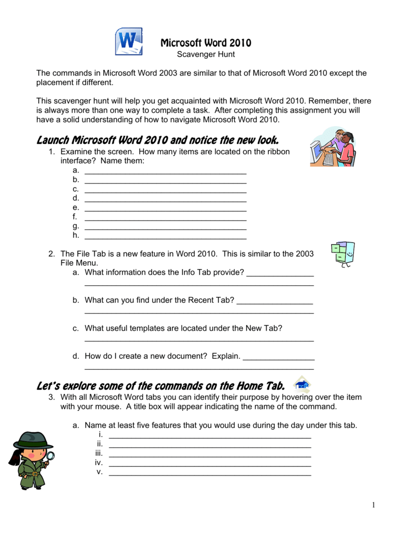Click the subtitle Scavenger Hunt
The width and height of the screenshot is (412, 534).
coord(206,54)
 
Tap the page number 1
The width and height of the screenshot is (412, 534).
coord(373,505)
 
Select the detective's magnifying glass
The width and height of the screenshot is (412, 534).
coord(51,457)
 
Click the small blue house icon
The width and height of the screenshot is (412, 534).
coord(302,385)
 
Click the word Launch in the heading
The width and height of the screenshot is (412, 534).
coord(53,140)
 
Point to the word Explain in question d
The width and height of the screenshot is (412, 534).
coord(226,356)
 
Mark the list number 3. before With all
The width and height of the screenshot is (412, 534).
coord(52,397)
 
